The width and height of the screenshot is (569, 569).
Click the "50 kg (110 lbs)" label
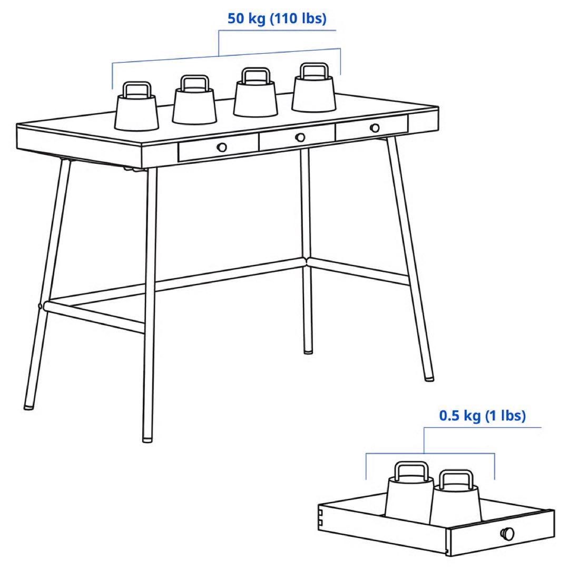click(x=277, y=19)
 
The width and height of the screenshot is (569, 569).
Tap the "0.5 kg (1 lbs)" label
click(x=482, y=416)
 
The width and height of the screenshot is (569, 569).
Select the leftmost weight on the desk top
click(x=137, y=111)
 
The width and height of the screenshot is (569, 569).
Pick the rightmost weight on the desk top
click(x=314, y=92)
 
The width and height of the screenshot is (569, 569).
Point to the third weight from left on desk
click(x=256, y=97)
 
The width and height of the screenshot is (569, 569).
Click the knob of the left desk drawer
click(x=222, y=147)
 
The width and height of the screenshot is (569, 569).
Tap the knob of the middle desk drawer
click(x=300, y=137)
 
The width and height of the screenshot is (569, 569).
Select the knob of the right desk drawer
click(x=375, y=127)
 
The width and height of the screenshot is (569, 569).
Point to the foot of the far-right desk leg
click(x=429, y=377)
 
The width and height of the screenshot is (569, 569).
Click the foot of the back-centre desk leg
click(x=308, y=350)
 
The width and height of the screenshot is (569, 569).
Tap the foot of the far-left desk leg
click(x=28, y=406)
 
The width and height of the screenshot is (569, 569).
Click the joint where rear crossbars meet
click(x=305, y=260)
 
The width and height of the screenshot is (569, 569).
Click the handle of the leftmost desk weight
click(x=136, y=89)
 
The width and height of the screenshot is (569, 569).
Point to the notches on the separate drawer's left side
click(x=320, y=517)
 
